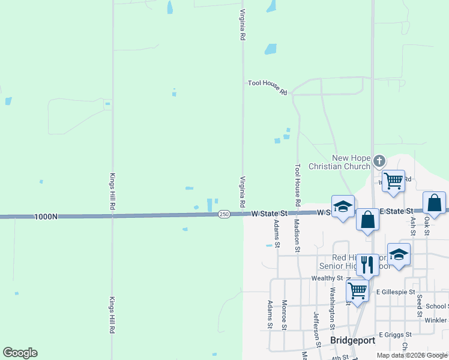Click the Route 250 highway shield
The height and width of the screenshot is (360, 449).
[223, 214]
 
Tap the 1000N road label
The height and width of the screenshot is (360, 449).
[46, 217]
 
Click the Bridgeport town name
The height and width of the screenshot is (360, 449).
[353, 340]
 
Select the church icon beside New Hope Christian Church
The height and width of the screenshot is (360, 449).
[379, 160]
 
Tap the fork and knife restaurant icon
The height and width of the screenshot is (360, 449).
[367, 263]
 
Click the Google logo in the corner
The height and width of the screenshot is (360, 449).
[20, 353]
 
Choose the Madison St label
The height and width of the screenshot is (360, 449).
[297, 235]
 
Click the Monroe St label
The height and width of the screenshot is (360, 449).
[285, 315]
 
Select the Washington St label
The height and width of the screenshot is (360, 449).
[331, 305]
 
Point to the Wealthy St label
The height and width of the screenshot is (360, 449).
[327, 278]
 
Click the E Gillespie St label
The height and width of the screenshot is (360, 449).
[396, 292]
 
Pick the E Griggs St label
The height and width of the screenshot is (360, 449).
[394, 334]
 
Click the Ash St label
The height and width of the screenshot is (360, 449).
[412, 226]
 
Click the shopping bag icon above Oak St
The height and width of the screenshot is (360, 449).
[434, 203]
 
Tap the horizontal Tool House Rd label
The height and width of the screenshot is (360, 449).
[268, 87]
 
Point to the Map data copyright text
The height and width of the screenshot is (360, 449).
[412, 355]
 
